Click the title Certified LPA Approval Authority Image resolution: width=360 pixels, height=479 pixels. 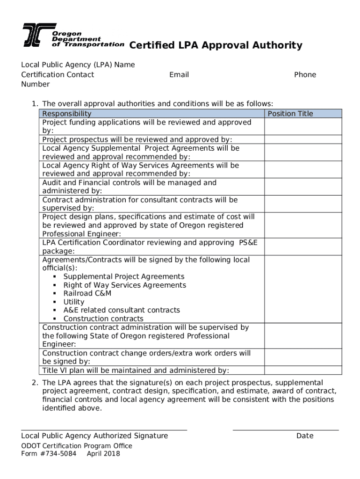tap(216, 45)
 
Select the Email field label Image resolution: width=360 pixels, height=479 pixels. tap(179, 75)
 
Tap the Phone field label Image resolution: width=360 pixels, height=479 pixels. tap(305, 75)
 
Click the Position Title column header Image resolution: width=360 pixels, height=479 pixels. tap(290, 114)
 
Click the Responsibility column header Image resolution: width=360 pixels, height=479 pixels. tap(67, 114)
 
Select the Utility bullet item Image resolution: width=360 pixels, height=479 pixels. tap(74, 302)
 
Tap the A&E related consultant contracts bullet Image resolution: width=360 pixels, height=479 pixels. tap(122, 310)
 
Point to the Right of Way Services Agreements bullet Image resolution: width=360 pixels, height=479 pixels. tap(124, 285)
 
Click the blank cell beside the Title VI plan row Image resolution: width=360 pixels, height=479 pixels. tap(303, 370)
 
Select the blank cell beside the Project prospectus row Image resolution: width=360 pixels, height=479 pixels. tap(303, 139)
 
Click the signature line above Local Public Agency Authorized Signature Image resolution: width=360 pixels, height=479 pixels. tap(104, 429)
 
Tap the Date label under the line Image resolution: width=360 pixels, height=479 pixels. tap(305, 436)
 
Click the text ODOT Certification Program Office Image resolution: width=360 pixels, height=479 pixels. tap(77, 446)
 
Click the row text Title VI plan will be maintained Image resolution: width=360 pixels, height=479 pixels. tap(136, 370)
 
